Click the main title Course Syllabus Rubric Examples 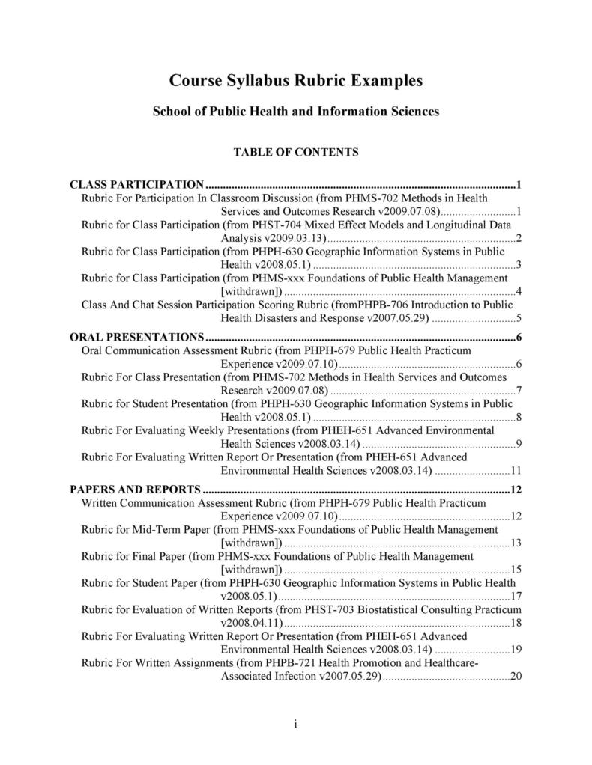tap(296, 81)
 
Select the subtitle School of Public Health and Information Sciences tap(296, 112)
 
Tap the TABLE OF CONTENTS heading tap(296, 152)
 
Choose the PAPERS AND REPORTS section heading tap(135, 490)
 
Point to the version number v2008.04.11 tap(250, 623)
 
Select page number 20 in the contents tap(516, 676)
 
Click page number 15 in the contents tap(516, 569)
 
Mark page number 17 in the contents tap(516, 596)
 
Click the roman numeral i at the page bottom tap(296, 724)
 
